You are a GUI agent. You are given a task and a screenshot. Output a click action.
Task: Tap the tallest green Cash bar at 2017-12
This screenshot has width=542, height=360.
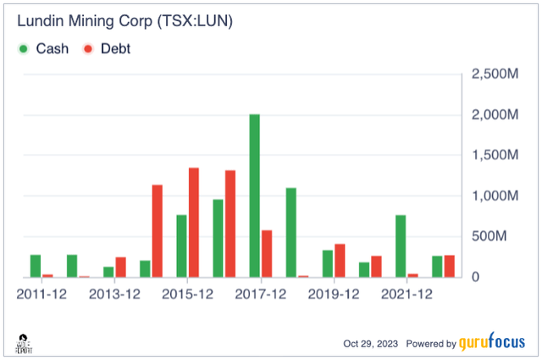pos(254,196)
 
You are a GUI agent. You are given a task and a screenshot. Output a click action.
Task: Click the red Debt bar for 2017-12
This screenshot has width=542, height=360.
pos(267,253)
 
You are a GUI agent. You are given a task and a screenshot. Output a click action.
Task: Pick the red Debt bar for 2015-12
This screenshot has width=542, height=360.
pos(193,222)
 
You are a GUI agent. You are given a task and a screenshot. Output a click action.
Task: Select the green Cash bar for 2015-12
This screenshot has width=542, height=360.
pos(181,246)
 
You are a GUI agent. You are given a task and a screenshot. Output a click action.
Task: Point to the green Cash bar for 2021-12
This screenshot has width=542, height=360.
pos(401,246)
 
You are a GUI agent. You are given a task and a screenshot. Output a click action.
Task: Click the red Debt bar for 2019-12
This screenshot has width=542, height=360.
pos(340,260)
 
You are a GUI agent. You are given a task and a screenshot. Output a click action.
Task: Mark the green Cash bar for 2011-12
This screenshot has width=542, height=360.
pos(36,266)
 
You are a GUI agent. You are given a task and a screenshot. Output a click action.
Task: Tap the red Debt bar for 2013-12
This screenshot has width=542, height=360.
pos(120,267)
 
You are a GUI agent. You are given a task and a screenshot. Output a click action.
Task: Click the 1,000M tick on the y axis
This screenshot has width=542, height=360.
pos(494,196)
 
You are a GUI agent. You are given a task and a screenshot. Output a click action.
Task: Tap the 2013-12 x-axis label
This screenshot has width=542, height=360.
pos(114,294)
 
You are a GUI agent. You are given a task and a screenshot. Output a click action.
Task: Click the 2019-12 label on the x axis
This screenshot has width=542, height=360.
pos(334,294)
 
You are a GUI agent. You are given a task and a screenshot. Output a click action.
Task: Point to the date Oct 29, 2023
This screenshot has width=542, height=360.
pos(371,344)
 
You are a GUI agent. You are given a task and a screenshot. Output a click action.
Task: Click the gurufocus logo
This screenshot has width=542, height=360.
pos(492,343)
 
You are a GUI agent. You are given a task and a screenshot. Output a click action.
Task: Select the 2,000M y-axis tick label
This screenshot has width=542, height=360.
pos(494,115)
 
